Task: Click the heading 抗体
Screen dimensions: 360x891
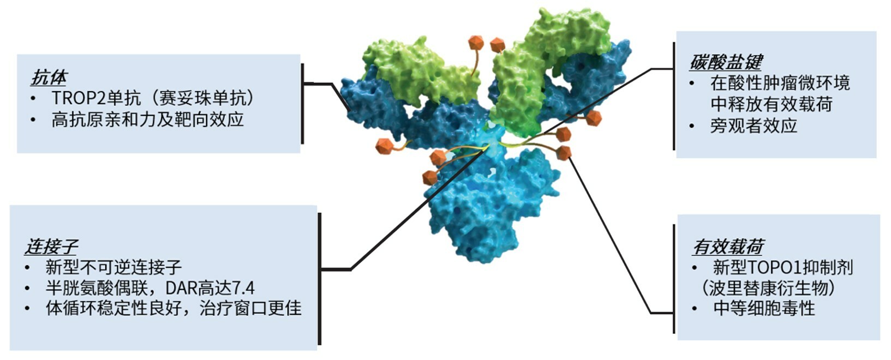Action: point(49,77)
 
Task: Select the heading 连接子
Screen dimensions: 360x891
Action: point(51,247)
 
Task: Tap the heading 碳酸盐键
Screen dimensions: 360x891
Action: point(725,62)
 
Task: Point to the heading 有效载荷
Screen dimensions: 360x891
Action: point(728,247)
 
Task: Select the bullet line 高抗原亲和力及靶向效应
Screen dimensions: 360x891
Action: point(147,119)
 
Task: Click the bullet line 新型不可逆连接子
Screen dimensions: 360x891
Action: point(113,267)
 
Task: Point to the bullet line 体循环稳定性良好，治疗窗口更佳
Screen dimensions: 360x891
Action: point(173,308)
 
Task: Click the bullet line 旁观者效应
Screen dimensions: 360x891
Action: point(753,126)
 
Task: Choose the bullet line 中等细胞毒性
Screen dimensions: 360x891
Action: point(764,308)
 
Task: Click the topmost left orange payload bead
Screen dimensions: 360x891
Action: point(476,42)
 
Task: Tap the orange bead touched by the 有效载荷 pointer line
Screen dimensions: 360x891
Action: point(564,152)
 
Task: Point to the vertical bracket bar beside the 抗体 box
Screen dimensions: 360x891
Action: point(302,103)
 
